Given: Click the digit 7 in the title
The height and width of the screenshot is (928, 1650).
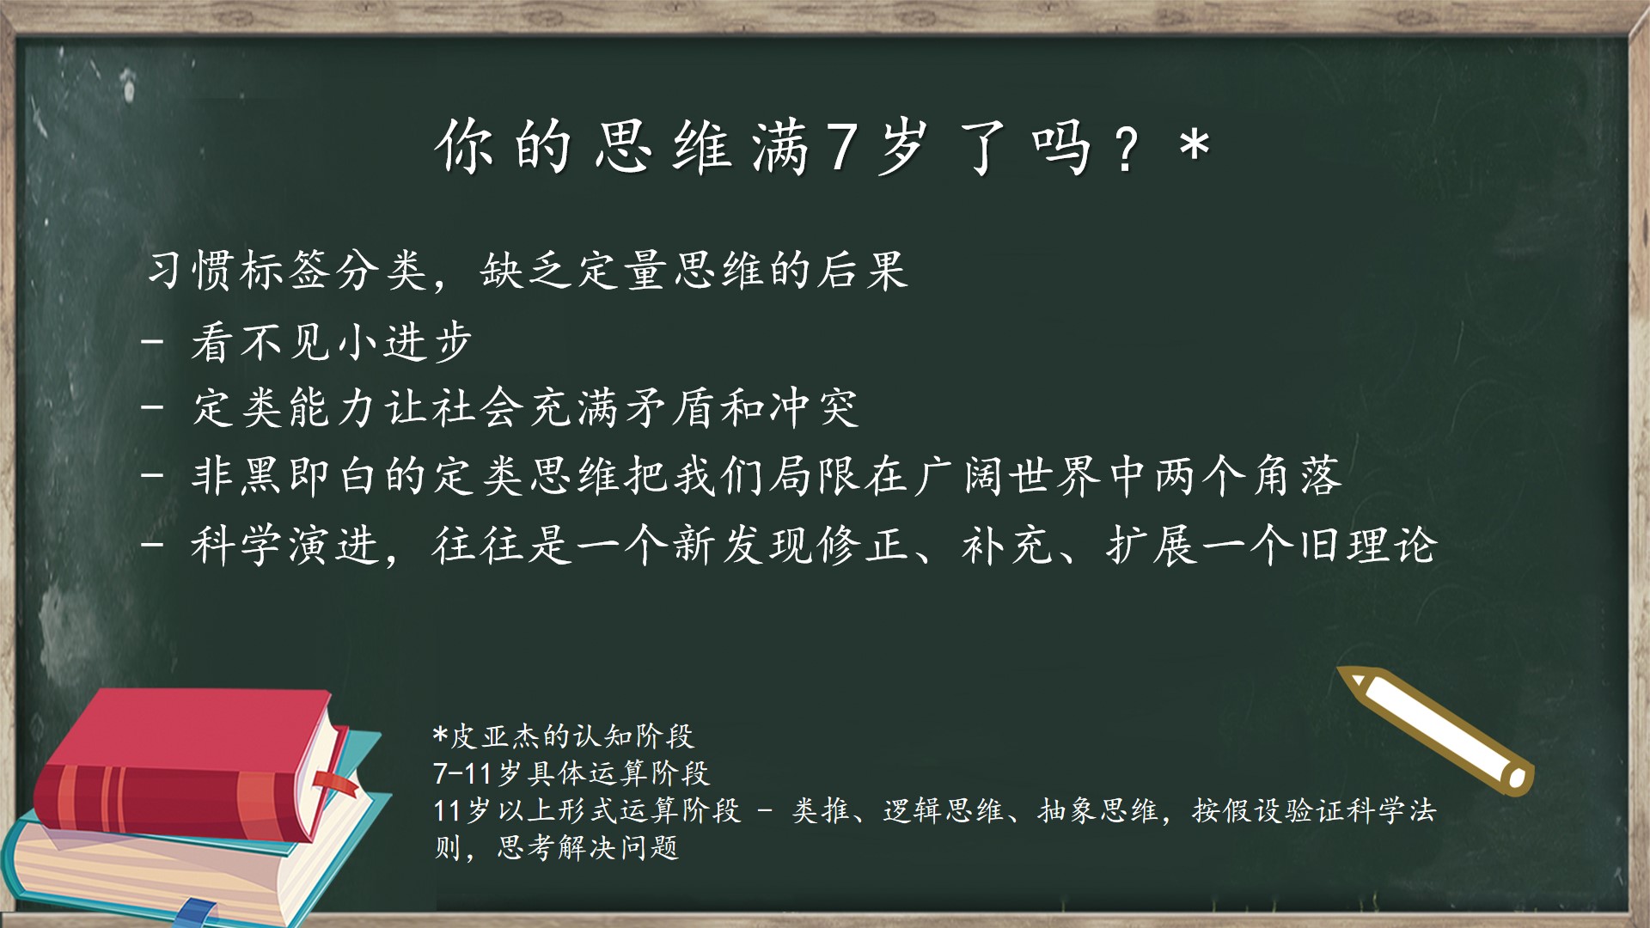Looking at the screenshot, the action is click(x=843, y=147).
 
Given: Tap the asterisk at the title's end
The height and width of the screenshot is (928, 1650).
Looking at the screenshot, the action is click(x=1195, y=143).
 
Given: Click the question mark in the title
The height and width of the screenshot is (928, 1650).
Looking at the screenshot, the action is click(x=1126, y=148).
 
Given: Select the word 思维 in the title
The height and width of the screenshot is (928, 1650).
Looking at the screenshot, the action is click(x=663, y=147).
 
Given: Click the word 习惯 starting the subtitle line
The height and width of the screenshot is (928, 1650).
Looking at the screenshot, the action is click(x=192, y=271).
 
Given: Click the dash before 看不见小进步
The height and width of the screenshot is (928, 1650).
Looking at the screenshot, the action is click(x=152, y=340).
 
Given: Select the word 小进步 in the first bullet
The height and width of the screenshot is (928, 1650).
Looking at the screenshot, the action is click(x=404, y=342).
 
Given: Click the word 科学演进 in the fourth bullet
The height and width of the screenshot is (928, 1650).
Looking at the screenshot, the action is click(x=285, y=546).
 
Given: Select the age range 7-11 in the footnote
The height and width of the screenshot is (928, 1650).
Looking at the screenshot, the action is click(x=462, y=774).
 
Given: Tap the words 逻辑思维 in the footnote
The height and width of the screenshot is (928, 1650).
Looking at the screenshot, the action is click(x=943, y=811).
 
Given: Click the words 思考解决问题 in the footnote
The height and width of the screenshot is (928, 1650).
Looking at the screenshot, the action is click(x=589, y=849).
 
